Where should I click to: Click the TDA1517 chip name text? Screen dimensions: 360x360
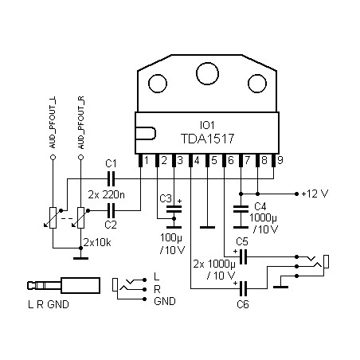click(207, 139)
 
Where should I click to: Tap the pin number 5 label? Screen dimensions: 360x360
click(214, 160)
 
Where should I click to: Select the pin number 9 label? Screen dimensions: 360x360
click(280, 160)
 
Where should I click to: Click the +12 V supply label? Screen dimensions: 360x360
click(315, 194)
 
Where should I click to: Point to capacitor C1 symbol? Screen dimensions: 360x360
click(111, 178)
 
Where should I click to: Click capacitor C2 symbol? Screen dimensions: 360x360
click(111, 210)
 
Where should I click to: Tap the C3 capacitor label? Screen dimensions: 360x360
click(166, 198)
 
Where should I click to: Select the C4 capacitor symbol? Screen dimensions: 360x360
click(241, 209)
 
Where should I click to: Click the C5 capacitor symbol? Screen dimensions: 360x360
click(243, 256)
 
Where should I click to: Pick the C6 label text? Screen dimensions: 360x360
click(243, 304)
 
